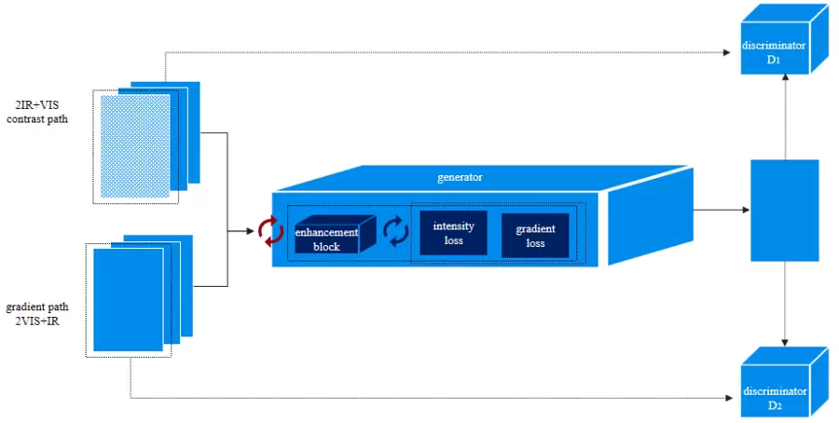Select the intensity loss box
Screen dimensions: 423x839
pyautogui.click(x=453, y=233)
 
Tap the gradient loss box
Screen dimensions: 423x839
pyautogui.click(x=535, y=236)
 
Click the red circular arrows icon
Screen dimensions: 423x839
pyautogui.click(x=270, y=230)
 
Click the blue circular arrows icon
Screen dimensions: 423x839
pyautogui.click(x=397, y=230)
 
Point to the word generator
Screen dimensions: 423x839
pyautogui.click(x=460, y=176)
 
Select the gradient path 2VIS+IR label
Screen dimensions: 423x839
pyautogui.click(x=36, y=314)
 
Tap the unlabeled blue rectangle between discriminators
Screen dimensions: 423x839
pyautogui.click(x=785, y=210)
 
